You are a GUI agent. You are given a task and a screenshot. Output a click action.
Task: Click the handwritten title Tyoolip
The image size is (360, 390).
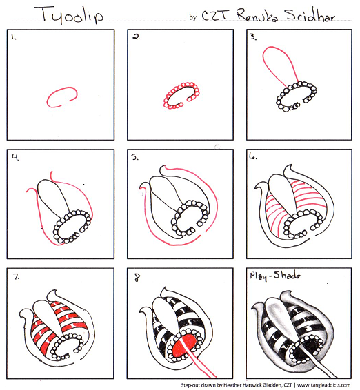[69, 14]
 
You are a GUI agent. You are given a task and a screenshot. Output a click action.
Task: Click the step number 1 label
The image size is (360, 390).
[13, 37]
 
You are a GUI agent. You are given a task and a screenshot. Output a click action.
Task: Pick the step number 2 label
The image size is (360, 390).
[136, 37]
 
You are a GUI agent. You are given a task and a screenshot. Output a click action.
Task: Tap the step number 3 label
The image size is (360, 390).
[253, 37]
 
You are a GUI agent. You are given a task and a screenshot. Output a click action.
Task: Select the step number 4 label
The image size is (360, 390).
[15, 157]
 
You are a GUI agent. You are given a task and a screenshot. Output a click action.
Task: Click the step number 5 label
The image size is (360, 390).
[134, 157]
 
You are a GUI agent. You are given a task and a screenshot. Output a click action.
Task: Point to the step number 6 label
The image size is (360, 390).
[253, 156]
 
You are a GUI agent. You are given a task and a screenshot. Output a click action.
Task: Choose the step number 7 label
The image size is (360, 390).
[16, 276]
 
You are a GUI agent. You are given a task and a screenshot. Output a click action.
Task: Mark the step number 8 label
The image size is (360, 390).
[137, 277]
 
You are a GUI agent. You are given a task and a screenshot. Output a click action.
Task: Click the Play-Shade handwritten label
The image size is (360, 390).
[275, 276]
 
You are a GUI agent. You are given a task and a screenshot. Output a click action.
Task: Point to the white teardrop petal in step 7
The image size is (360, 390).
[46, 316]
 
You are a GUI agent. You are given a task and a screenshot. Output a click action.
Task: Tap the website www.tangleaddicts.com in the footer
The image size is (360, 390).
[323, 385]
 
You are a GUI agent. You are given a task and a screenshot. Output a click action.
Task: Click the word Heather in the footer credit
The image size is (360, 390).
[231, 385]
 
